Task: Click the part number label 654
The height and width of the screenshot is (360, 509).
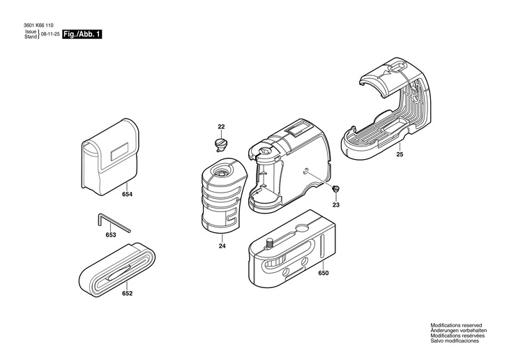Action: (127, 195)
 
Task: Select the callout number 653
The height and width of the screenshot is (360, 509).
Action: (111, 235)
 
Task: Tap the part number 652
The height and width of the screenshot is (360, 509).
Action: (127, 293)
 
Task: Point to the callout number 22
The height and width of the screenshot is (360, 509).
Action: (221, 127)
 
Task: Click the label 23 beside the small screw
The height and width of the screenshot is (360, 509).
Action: (335, 204)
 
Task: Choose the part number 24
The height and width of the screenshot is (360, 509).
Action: (222, 246)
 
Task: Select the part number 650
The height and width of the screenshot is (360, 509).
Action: (323, 273)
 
